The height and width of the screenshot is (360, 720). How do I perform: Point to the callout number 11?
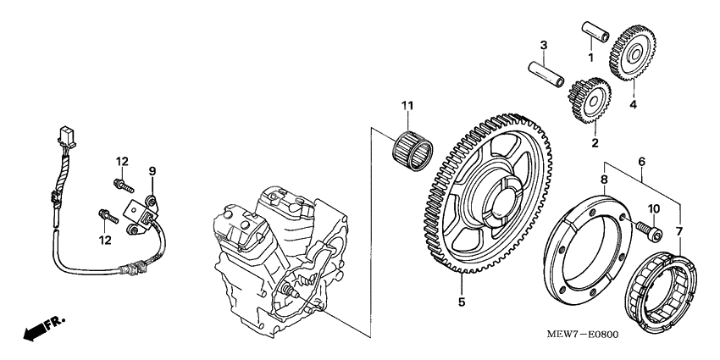coord(407,106)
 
